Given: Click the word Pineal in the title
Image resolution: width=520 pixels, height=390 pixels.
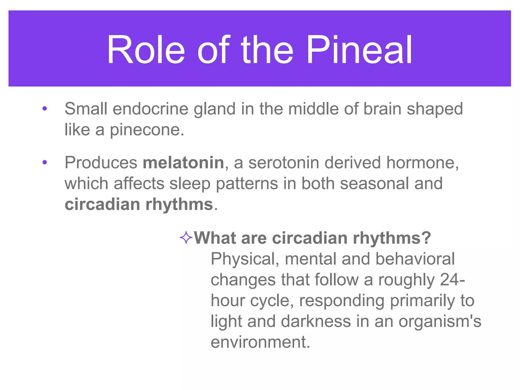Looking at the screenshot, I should pyautogui.click(x=359, y=50).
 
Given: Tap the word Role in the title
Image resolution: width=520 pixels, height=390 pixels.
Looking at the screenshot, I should pyautogui.click(x=145, y=50).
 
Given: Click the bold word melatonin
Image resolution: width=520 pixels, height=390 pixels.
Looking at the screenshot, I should pyautogui.click(x=183, y=163).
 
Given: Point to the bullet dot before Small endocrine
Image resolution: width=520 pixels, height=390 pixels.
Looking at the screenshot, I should pyautogui.click(x=45, y=109).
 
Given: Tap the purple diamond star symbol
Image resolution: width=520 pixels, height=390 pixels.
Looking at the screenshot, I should pyautogui.click(x=186, y=238).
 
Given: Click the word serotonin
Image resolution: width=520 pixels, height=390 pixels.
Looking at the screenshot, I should pyautogui.click(x=283, y=163).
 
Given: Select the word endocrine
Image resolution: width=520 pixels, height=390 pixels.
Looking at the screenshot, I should pyautogui.click(x=150, y=109).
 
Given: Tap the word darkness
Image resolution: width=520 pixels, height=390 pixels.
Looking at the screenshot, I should pyautogui.click(x=316, y=321).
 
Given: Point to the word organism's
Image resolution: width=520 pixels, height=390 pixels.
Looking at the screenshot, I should pyautogui.click(x=440, y=321).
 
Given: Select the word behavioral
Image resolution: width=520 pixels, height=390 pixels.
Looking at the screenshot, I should pyautogui.click(x=415, y=259).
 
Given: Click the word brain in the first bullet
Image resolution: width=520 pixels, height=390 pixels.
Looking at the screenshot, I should pyautogui.click(x=382, y=109).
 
